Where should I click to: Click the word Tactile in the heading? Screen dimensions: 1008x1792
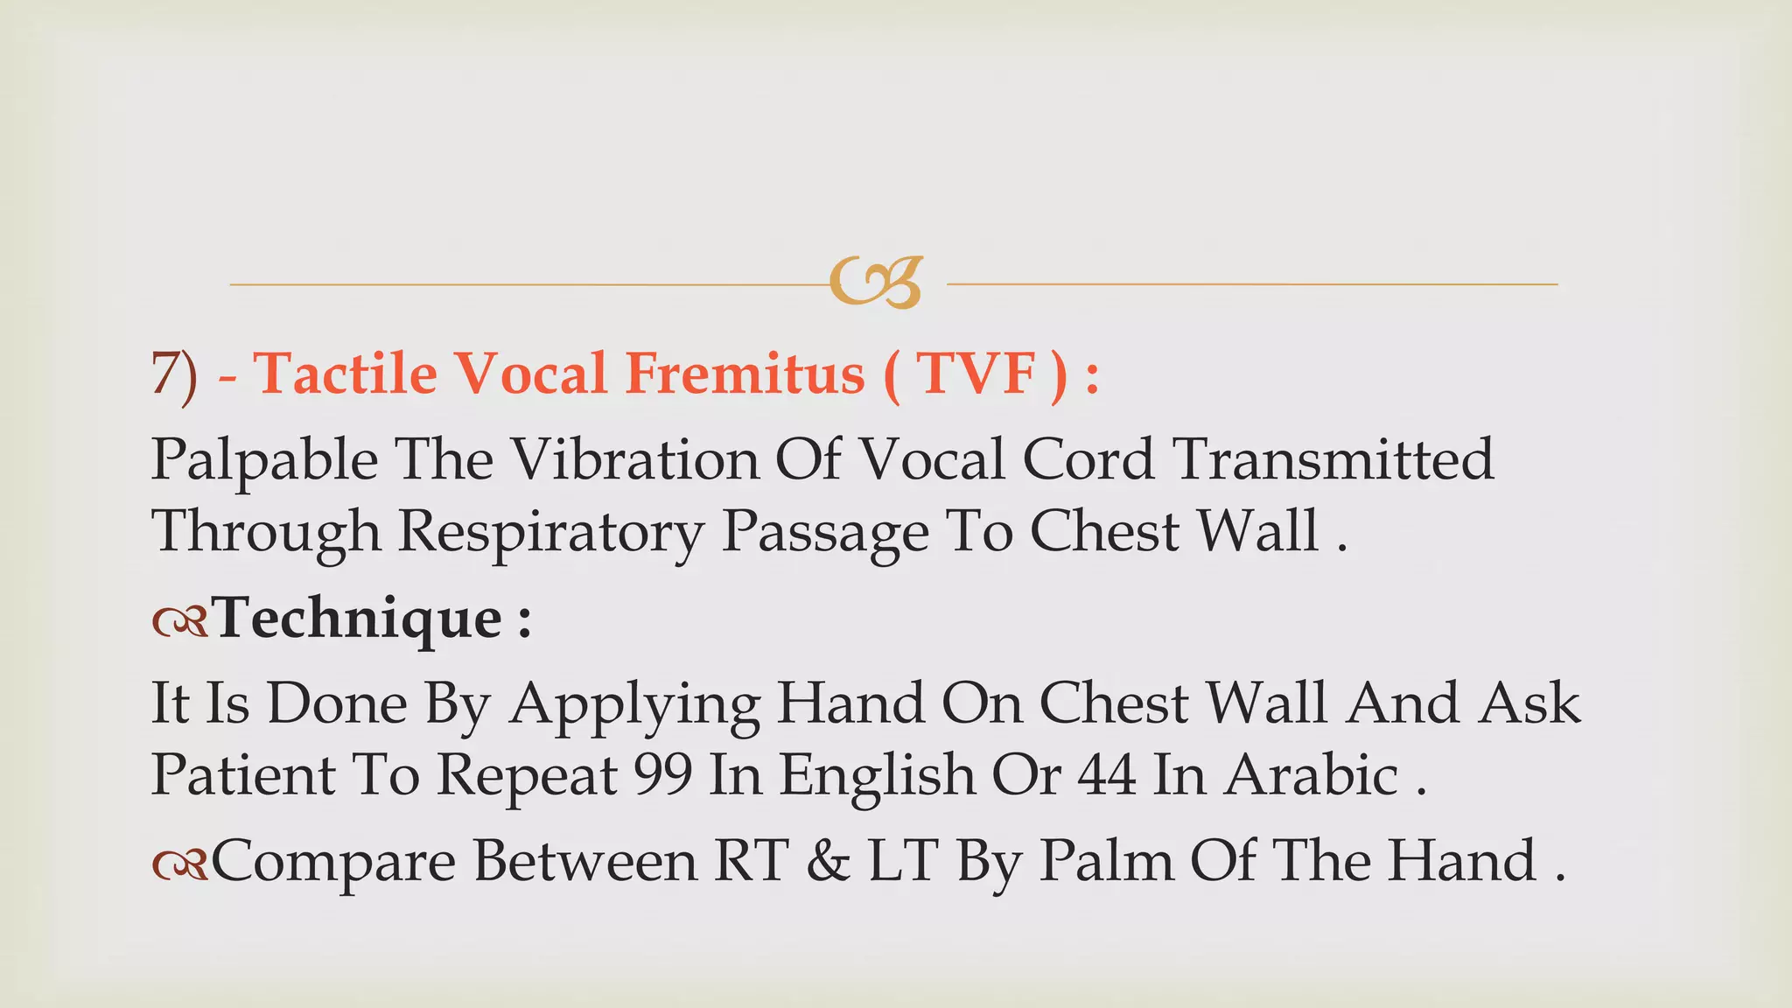[x=346, y=374]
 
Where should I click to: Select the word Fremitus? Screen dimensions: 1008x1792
[x=745, y=374]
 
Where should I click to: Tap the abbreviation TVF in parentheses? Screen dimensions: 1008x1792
[x=977, y=374]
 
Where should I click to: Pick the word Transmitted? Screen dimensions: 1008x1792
[x=1333, y=459]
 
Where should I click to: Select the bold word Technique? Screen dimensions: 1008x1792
[x=358, y=618]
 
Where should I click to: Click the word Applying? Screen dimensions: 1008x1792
[x=634, y=705]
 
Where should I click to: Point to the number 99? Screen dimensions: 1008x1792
[x=662, y=775]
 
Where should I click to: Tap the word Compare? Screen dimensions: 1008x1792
[x=333, y=863]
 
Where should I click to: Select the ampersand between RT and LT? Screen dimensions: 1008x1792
[x=828, y=861]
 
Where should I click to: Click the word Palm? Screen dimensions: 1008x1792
[x=1106, y=861]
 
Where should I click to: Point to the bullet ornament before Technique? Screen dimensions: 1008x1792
[x=179, y=621]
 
